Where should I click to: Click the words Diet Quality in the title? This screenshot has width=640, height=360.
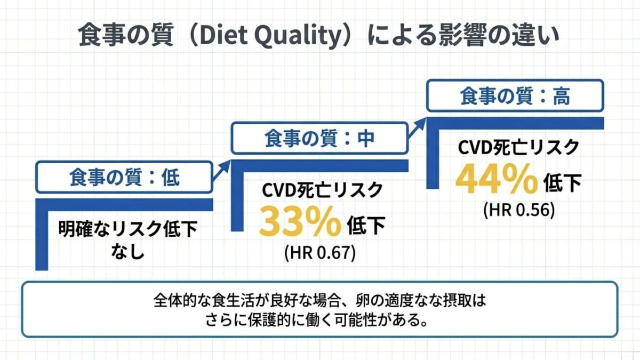[x=271, y=36]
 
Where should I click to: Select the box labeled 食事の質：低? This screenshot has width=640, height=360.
[x=124, y=177]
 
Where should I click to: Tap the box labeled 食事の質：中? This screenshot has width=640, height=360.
[x=319, y=138]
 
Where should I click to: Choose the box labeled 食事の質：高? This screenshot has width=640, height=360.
[x=515, y=95]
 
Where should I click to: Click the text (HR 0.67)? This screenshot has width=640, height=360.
[x=320, y=253]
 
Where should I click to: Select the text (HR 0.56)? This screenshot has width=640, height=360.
[x=519, y=210]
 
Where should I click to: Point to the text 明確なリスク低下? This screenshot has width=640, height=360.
[x=128, y=229]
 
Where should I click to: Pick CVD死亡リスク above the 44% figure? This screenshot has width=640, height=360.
[x=518, y=147]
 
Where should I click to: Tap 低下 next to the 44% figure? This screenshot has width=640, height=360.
[x=562, y=183]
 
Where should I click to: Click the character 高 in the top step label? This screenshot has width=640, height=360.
[x=562, y=97]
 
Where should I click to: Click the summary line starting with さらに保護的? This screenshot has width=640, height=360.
[x=317, y=320]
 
